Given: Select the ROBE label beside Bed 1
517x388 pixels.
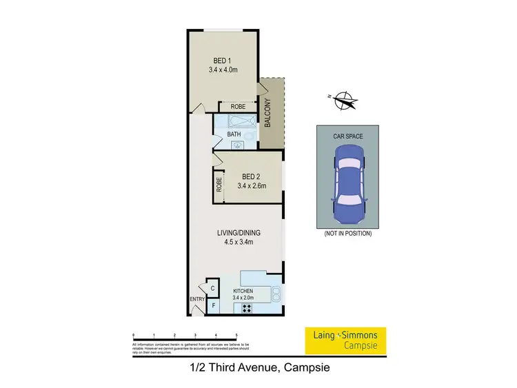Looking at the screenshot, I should (x=238, y=107).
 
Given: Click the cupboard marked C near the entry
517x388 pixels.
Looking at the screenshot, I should (x=213, y=289).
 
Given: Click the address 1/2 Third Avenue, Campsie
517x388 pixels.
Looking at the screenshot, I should (x=259, y=368).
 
